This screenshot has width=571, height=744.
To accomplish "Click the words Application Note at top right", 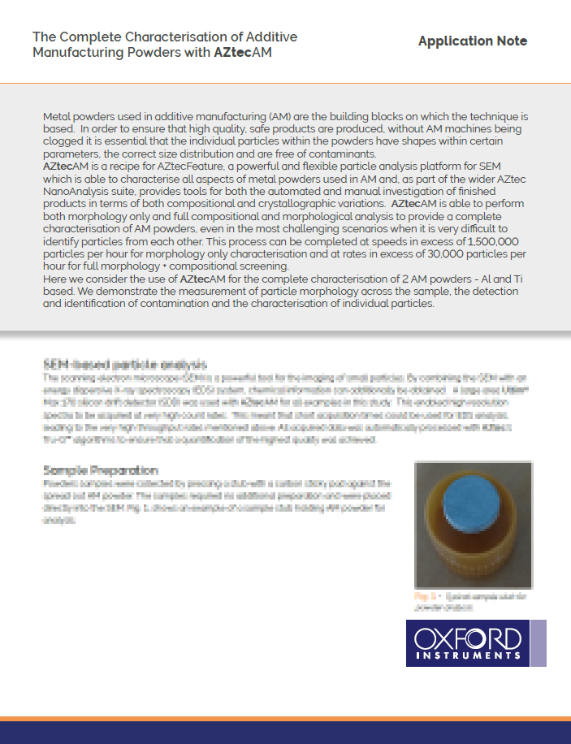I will pos(473,41).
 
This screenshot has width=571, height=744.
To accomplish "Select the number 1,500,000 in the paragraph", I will pos(485,242).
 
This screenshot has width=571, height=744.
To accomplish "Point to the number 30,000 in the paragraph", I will pos(406,254).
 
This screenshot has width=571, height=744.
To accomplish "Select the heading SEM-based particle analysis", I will pos(124,364).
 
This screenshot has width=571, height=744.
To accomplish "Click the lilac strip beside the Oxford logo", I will pos(537,643).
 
